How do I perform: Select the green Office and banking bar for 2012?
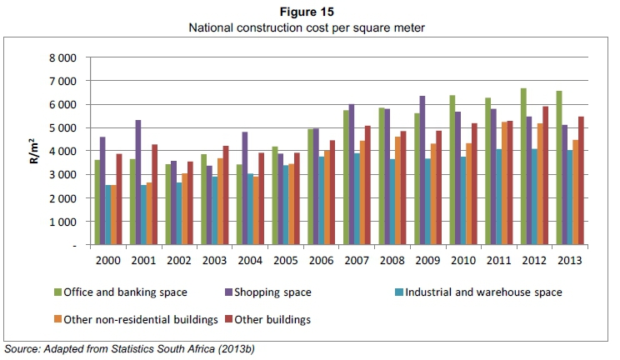(x=523, y=167)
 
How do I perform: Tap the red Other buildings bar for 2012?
(x=546, y=176)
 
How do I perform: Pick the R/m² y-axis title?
(x=34, y=152)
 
